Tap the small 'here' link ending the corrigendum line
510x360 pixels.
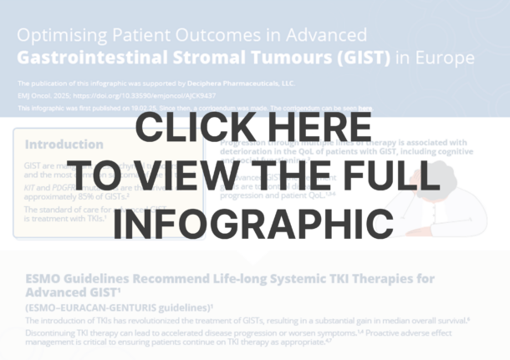pyautogui.click(x=365, y=109)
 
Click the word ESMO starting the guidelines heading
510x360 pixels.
pyautogui.click(x=43, y=279)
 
